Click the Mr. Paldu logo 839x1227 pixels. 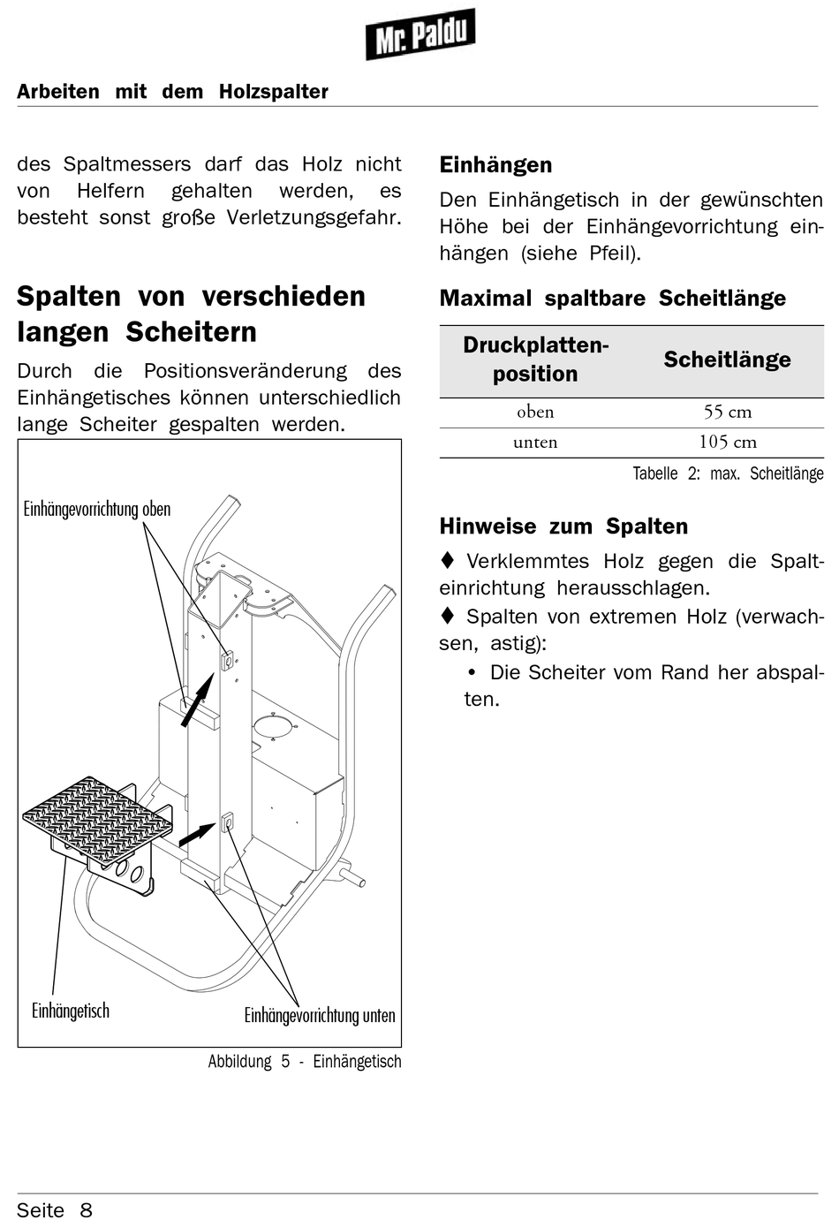tap(420, 35)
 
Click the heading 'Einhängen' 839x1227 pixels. tap(495, 165)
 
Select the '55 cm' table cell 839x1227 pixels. tap(727, 412)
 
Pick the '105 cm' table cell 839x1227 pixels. tap(727, 442)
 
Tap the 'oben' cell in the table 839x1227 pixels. tap(535, 412)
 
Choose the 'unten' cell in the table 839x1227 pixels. tap(535, 442)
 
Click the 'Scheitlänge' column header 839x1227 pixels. tap(727, 360)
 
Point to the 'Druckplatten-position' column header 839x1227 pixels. tap(535, 360)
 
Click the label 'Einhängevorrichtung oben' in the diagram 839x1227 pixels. tap(97, 509)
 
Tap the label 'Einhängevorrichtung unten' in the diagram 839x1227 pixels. tap(320, 1015)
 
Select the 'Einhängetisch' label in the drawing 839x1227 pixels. tap(71, 1011)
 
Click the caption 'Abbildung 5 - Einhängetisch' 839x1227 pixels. tap(305, 1062)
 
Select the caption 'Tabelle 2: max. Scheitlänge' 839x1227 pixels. tap(728, 473)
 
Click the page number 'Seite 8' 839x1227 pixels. tap(55, 1210)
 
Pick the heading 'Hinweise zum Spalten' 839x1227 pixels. tap(563, 526)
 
